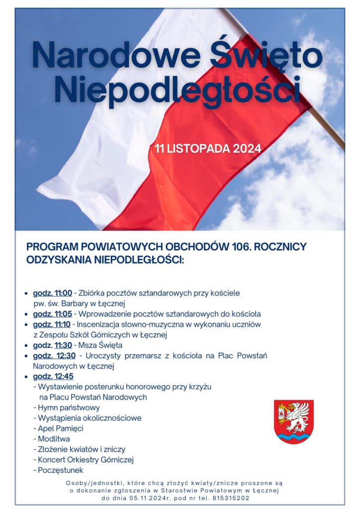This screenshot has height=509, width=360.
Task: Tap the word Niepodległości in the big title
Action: pyautogui.click(x=178, y=89)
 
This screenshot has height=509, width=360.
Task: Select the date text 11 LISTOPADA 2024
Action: pyautogui.click(x=207, y=148)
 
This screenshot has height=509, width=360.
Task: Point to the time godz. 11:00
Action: pyautogui.click(x=53, y=293)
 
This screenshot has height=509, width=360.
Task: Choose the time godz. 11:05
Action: pyautogui.click(x=53, y=314)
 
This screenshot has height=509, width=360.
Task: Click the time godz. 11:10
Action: pyautogui.click(x=53, y=325)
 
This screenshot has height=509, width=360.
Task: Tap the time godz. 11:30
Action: pyautogui.click(x=53, y=345)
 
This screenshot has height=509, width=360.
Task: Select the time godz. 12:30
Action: pyautogui.click(x=54, y=355)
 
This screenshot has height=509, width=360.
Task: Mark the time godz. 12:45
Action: pyautogui.click(x=53, y=376)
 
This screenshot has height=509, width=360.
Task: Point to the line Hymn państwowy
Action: pyautogui.click(x=69, y=408)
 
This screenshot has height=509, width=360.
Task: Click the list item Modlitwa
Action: pyautogui.click(x=54, y=439)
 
